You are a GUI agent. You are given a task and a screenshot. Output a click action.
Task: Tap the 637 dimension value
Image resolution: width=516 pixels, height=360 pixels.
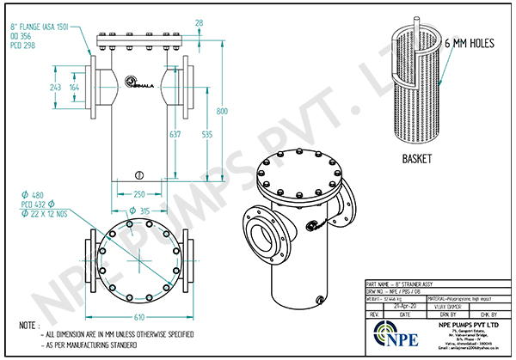(200, 135)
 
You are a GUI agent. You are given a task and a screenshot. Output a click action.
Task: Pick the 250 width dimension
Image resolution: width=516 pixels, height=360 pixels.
(138, 192)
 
